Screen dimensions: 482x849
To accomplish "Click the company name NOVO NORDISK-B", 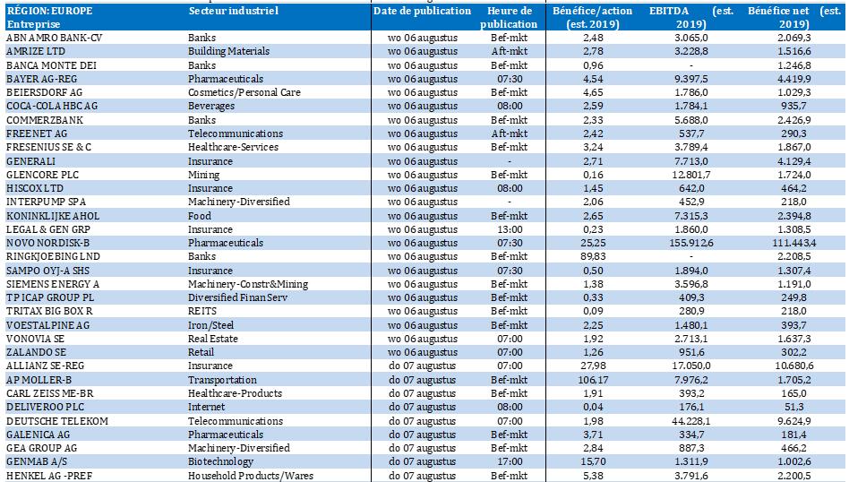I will tap(48, 243).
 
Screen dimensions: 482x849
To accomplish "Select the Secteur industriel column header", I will tap(233, 12).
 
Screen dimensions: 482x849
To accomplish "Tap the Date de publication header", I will tap(422, 12).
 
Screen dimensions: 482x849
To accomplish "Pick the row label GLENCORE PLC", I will tap(43, 176).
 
